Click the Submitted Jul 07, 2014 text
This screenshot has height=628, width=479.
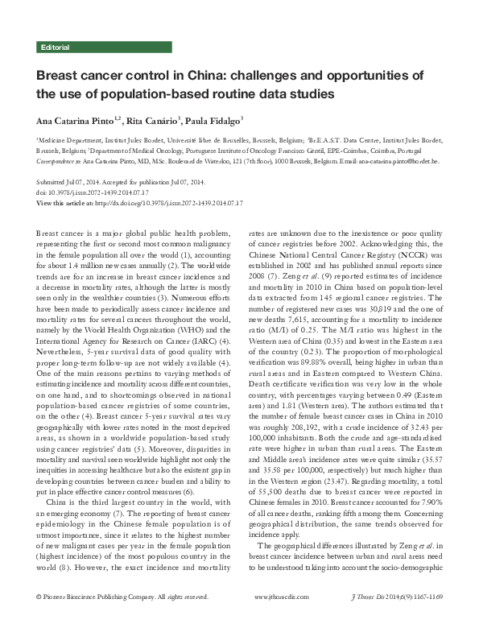pyautogui.click(x=69, y=184)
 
